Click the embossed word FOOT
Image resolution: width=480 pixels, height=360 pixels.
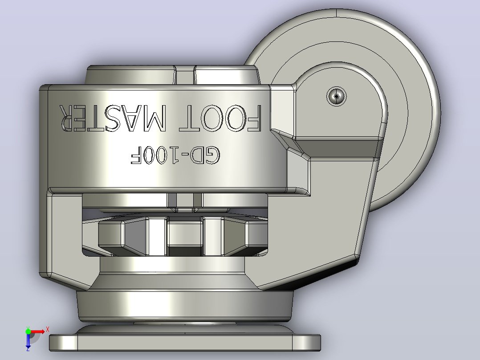pos(220,118)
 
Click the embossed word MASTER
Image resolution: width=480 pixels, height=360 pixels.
pos(113,118)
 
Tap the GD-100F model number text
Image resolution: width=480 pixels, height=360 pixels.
pos(175,155)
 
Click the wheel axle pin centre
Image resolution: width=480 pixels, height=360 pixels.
pos(337,96)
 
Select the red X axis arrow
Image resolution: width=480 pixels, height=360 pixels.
pos(37,332)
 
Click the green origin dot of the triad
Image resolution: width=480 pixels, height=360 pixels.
pos(28,331)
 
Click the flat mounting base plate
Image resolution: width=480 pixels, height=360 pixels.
pos(185,343)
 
